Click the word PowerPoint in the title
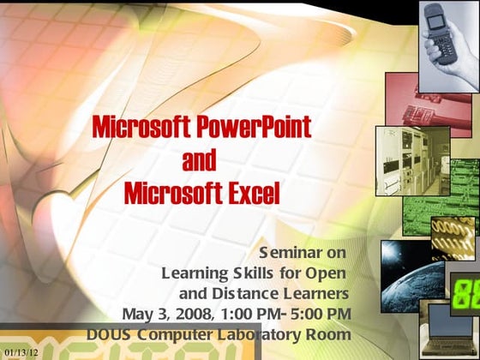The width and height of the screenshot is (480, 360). [x=254, y=127]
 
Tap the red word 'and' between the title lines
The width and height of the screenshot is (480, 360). [x=199, y=159]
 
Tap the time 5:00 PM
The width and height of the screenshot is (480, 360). [x=321, y=314]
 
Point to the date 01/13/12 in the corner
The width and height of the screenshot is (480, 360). [x=21, y=352]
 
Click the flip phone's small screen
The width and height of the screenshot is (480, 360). [x=435, y=21]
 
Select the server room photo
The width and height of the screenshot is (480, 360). [x=412, y=161]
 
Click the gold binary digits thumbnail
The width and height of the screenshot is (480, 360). [x=453, y=238]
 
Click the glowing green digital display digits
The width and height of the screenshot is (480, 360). [x=466, y=294]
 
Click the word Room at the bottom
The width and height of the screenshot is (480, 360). [x=328, y=334]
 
